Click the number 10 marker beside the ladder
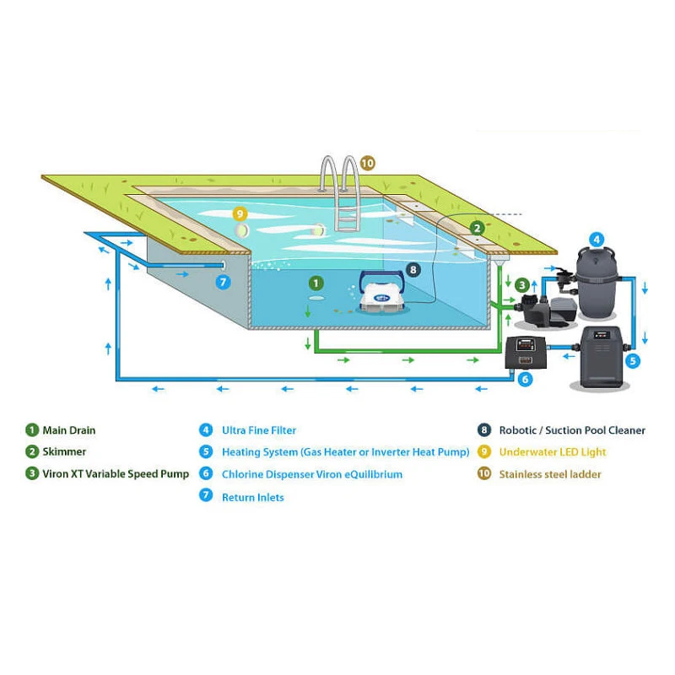tap(367, 163)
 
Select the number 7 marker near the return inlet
tap(224, 282)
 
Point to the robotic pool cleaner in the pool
tap(381, 295)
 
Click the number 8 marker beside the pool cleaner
tap(413, 270)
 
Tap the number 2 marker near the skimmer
tap(477, 227)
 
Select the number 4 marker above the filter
tap(596, 239)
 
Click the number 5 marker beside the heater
tap(633, 359)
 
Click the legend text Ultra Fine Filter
tap(259, 430)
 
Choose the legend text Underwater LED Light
tap(552, 452)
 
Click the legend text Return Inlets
tap(252, 497)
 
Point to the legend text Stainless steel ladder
tap(550, 474)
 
